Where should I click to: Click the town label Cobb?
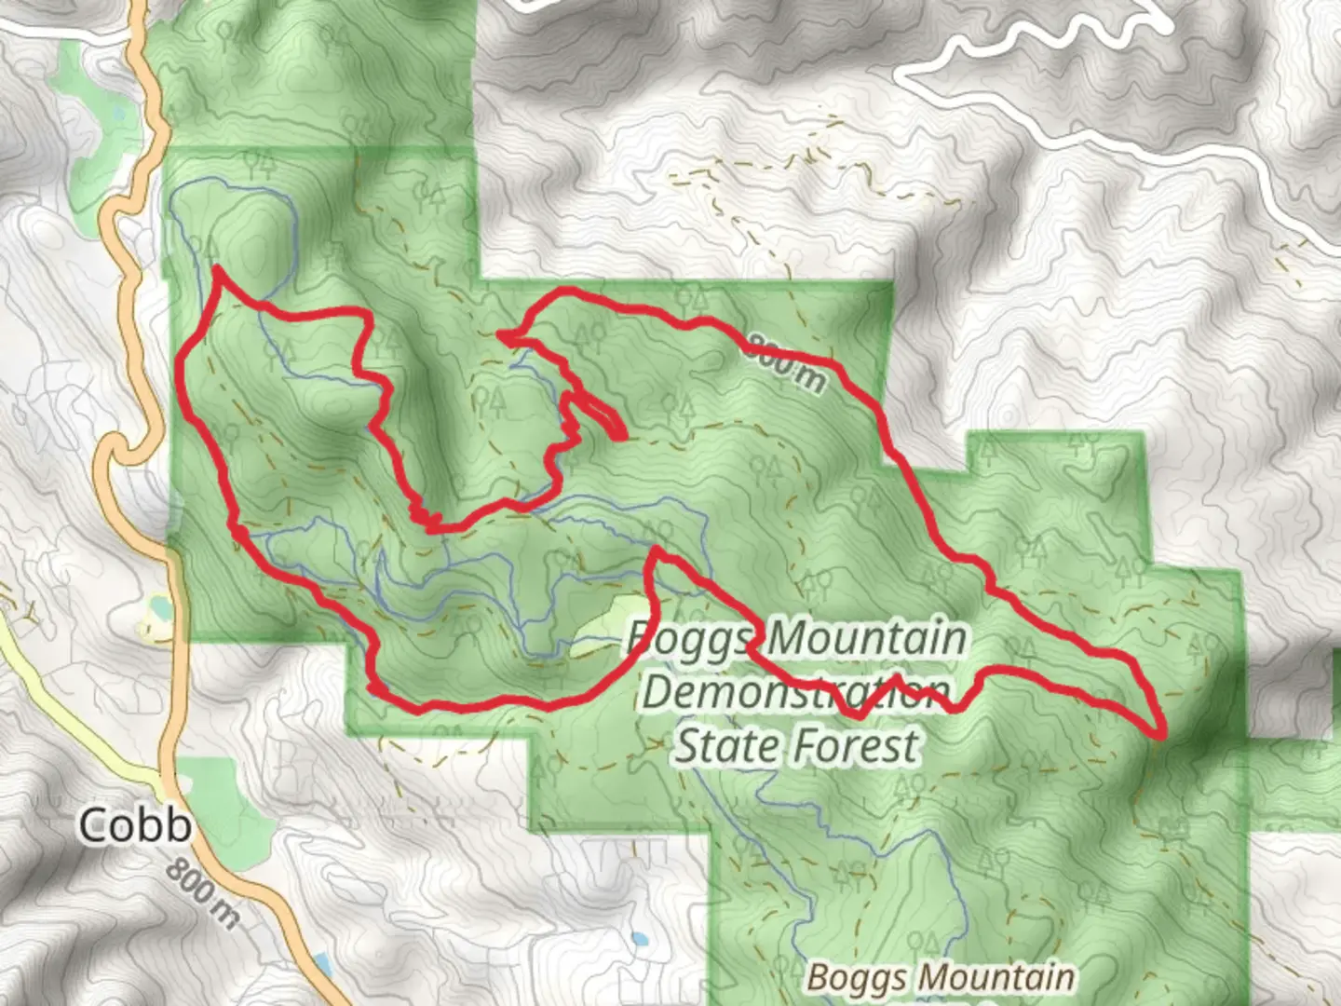coord(135,825)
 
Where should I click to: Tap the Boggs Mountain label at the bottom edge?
coord(941,978)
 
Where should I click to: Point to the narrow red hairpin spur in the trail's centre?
coord(601,420)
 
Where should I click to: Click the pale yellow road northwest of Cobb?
coord(65,689)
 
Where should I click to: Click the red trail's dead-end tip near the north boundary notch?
coord(501,334)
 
